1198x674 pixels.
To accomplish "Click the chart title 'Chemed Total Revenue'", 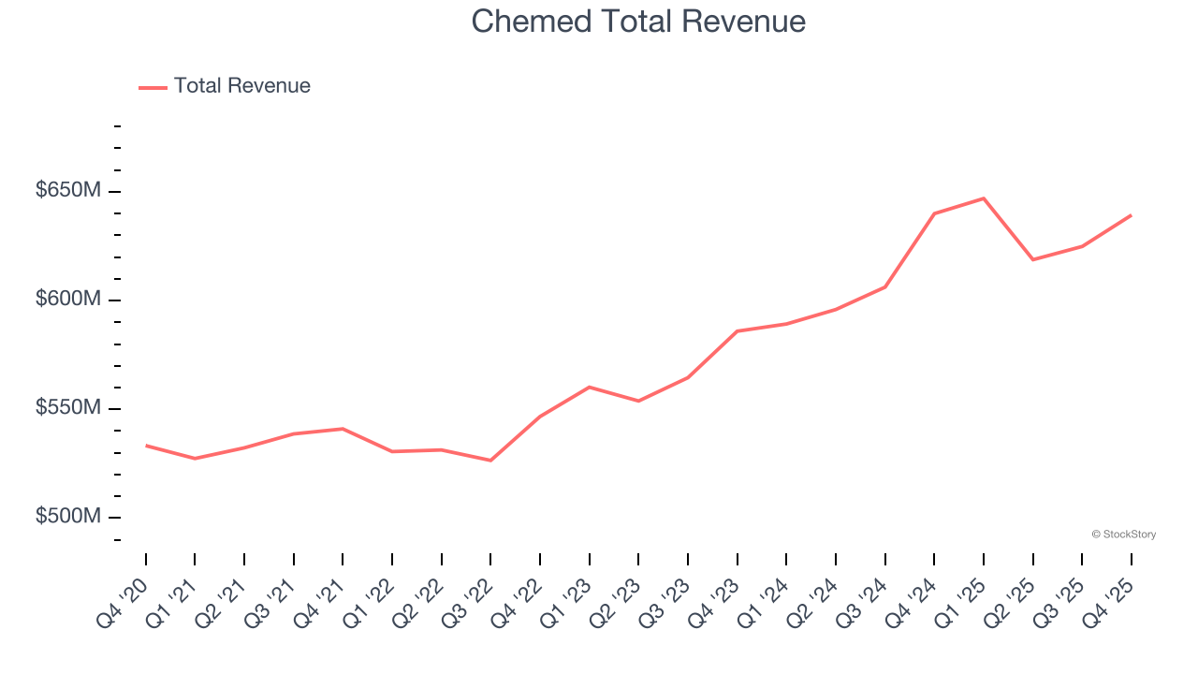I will point(638,22).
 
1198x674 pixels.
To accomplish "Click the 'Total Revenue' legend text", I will point(241,86).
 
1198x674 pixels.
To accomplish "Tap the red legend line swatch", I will point(153,87).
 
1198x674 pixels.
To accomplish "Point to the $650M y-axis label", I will point(68,191).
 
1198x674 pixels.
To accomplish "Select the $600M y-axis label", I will point(68,300).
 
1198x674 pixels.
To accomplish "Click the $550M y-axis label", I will point(68,408).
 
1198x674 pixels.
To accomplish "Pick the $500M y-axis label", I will point(68,517).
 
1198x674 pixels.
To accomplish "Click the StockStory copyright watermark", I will point(1123,535).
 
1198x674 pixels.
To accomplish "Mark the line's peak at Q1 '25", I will point(984,198).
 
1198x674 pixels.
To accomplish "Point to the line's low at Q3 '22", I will point(490,461).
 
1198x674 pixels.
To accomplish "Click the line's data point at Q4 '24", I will point(934,213).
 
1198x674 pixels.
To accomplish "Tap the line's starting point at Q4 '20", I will point(146,446).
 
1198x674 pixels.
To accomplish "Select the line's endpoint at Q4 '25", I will point(1131,215).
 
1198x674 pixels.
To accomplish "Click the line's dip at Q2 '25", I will point(1032,259).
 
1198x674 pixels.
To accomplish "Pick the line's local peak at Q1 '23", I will point(590,387).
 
